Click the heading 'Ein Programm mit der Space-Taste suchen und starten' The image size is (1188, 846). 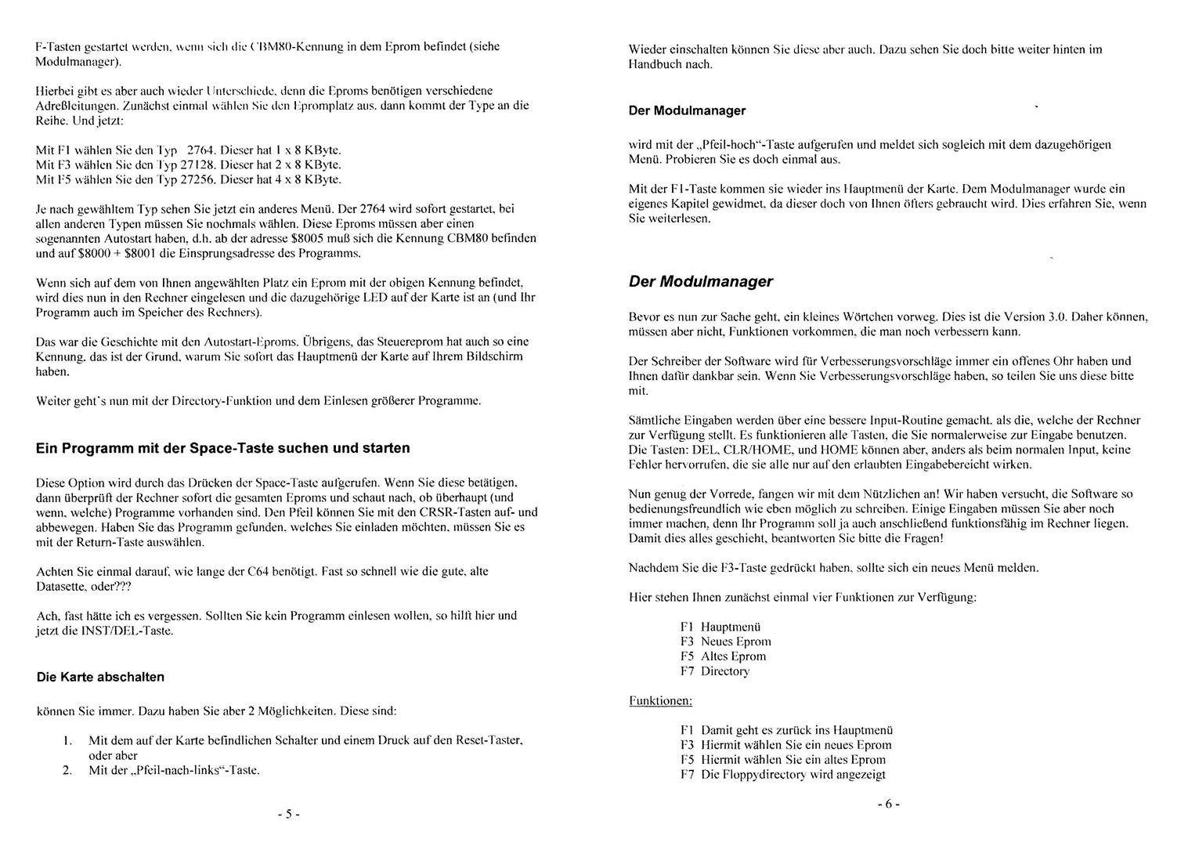pos(222,449)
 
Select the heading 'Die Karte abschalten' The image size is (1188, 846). pos(100,677)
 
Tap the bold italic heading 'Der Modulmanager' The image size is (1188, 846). pos(700,282)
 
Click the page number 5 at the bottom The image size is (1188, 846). pos(288,814)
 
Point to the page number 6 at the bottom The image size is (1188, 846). pos(888,804)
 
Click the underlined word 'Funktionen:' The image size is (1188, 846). pos(660,700)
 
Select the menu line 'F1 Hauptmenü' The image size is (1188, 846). pos(720,627)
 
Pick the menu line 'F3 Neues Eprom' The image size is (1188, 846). pos(725,642)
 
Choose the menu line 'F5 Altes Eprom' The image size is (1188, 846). pos(723,656)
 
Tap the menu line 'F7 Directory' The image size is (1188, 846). pos(714,671)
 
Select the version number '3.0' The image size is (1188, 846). pos(1057,317)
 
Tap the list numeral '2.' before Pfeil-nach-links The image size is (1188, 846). pos(67,770)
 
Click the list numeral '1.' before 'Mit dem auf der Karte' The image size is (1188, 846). pos(67,740)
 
